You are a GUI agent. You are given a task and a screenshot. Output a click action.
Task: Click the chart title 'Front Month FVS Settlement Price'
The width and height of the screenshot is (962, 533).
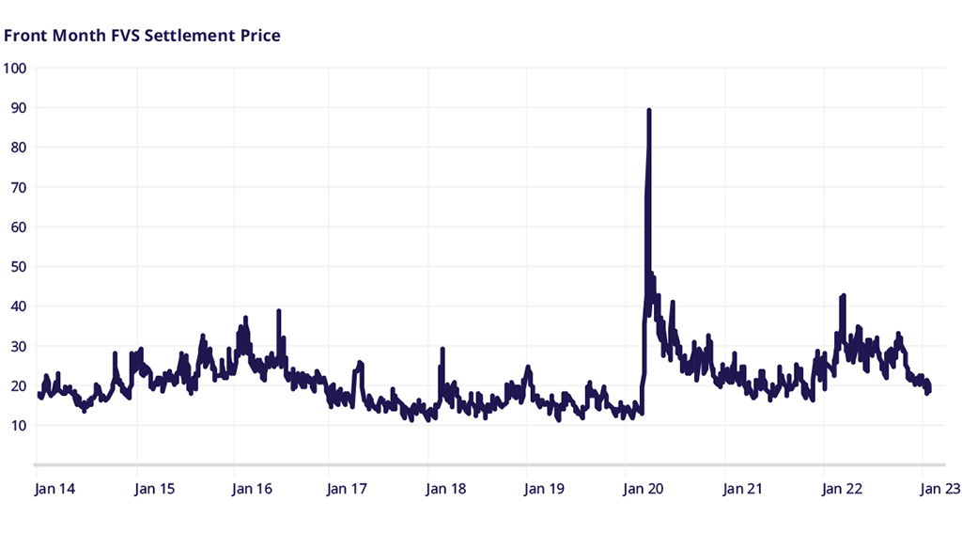click(x=143, y=36)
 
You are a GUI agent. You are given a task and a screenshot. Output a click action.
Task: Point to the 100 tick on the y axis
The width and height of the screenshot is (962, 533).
click(x=15, y=69)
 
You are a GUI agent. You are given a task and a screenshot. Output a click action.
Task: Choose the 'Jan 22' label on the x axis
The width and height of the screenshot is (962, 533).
click(x=842, y=489)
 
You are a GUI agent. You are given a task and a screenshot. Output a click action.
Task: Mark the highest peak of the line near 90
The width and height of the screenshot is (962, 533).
click(x=649, y=110)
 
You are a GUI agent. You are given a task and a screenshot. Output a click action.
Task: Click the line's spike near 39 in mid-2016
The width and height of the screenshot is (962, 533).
click(x=279, y=311)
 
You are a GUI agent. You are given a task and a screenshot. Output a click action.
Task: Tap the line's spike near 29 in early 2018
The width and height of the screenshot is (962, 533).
click(x=442, y=349)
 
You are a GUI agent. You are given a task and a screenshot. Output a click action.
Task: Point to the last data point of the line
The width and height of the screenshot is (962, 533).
click(x=929, y=389)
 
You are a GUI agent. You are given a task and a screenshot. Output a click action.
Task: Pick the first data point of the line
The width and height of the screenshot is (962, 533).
click(x=39, y=394)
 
